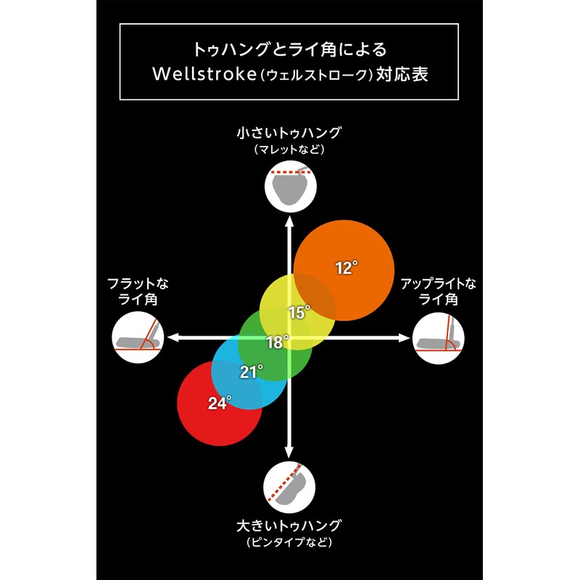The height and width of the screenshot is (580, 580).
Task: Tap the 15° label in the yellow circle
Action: click(299, 312)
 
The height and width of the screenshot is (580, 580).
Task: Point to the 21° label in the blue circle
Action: click(251, 373)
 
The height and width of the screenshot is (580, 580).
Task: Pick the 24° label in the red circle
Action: click(219, 404)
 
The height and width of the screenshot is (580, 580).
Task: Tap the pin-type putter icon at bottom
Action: click(289, 486)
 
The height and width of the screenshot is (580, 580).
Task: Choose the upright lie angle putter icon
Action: click(438, 337)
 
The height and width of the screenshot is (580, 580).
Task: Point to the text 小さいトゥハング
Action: click(289, 133)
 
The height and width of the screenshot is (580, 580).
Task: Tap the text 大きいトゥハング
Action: click(289, 526)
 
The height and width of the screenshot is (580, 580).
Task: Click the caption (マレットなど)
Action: click(289, 150)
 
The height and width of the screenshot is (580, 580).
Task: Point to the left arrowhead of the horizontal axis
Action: click(173, 337)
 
